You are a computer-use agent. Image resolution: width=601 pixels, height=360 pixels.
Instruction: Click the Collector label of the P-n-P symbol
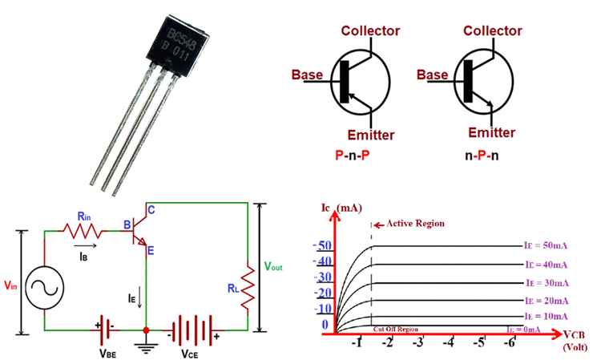pyautogui.click(x=370, y=31)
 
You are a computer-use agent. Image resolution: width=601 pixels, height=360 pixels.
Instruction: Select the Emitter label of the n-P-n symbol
pyautogui.click(x=490, y=132)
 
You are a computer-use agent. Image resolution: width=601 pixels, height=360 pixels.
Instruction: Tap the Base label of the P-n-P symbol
pyautogui.click(x=307, y=75)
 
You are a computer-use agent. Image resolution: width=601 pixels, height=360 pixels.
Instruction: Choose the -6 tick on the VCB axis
pyautogui.click(x=510, y=342)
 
